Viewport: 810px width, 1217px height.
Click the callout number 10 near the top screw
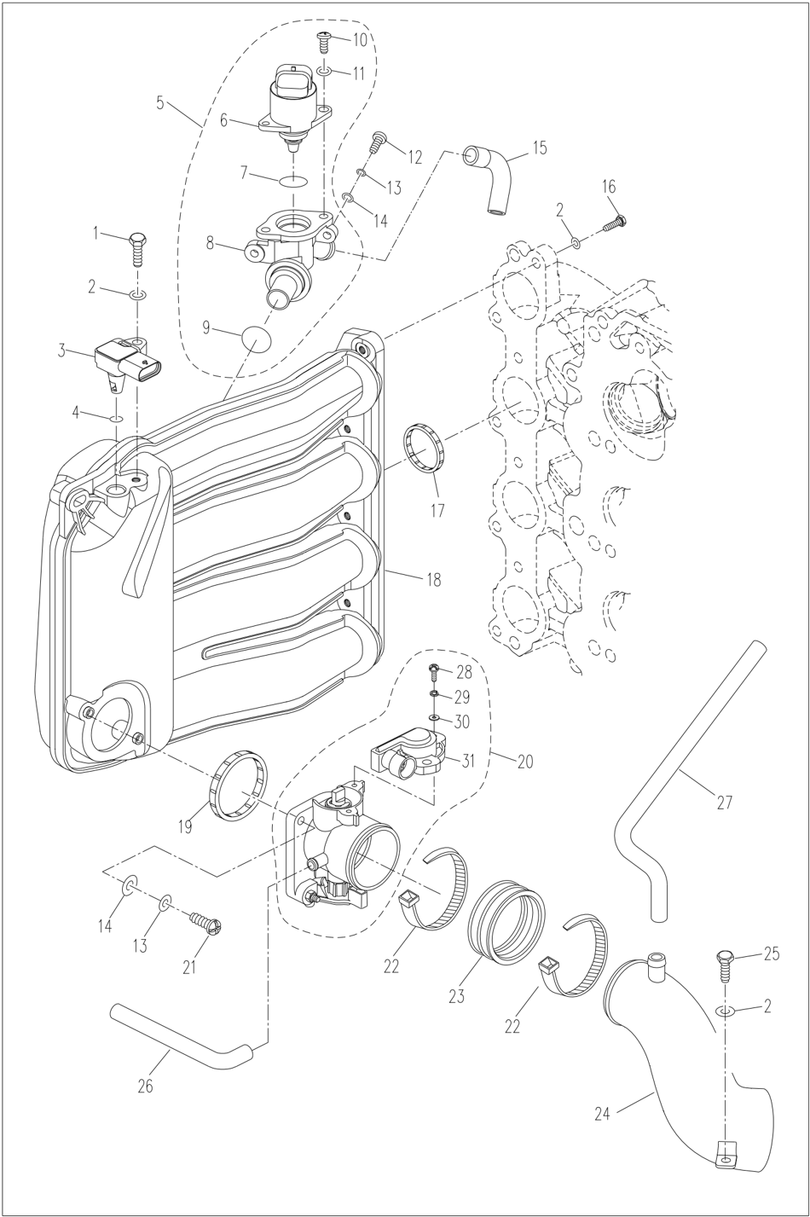[x=359, y=40]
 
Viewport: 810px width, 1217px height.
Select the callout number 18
[x=433, y=580]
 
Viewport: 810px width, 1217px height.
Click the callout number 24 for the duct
[x=603, y=1114]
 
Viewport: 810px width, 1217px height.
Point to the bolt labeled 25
[x=726, y=961]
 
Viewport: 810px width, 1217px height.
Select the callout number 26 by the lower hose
[x=145, y=1086]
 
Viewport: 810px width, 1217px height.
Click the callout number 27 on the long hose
[x=724, y=802]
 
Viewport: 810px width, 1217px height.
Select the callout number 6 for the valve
[x=224, y=120]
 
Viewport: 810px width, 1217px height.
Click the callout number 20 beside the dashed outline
[x=524, y=761]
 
